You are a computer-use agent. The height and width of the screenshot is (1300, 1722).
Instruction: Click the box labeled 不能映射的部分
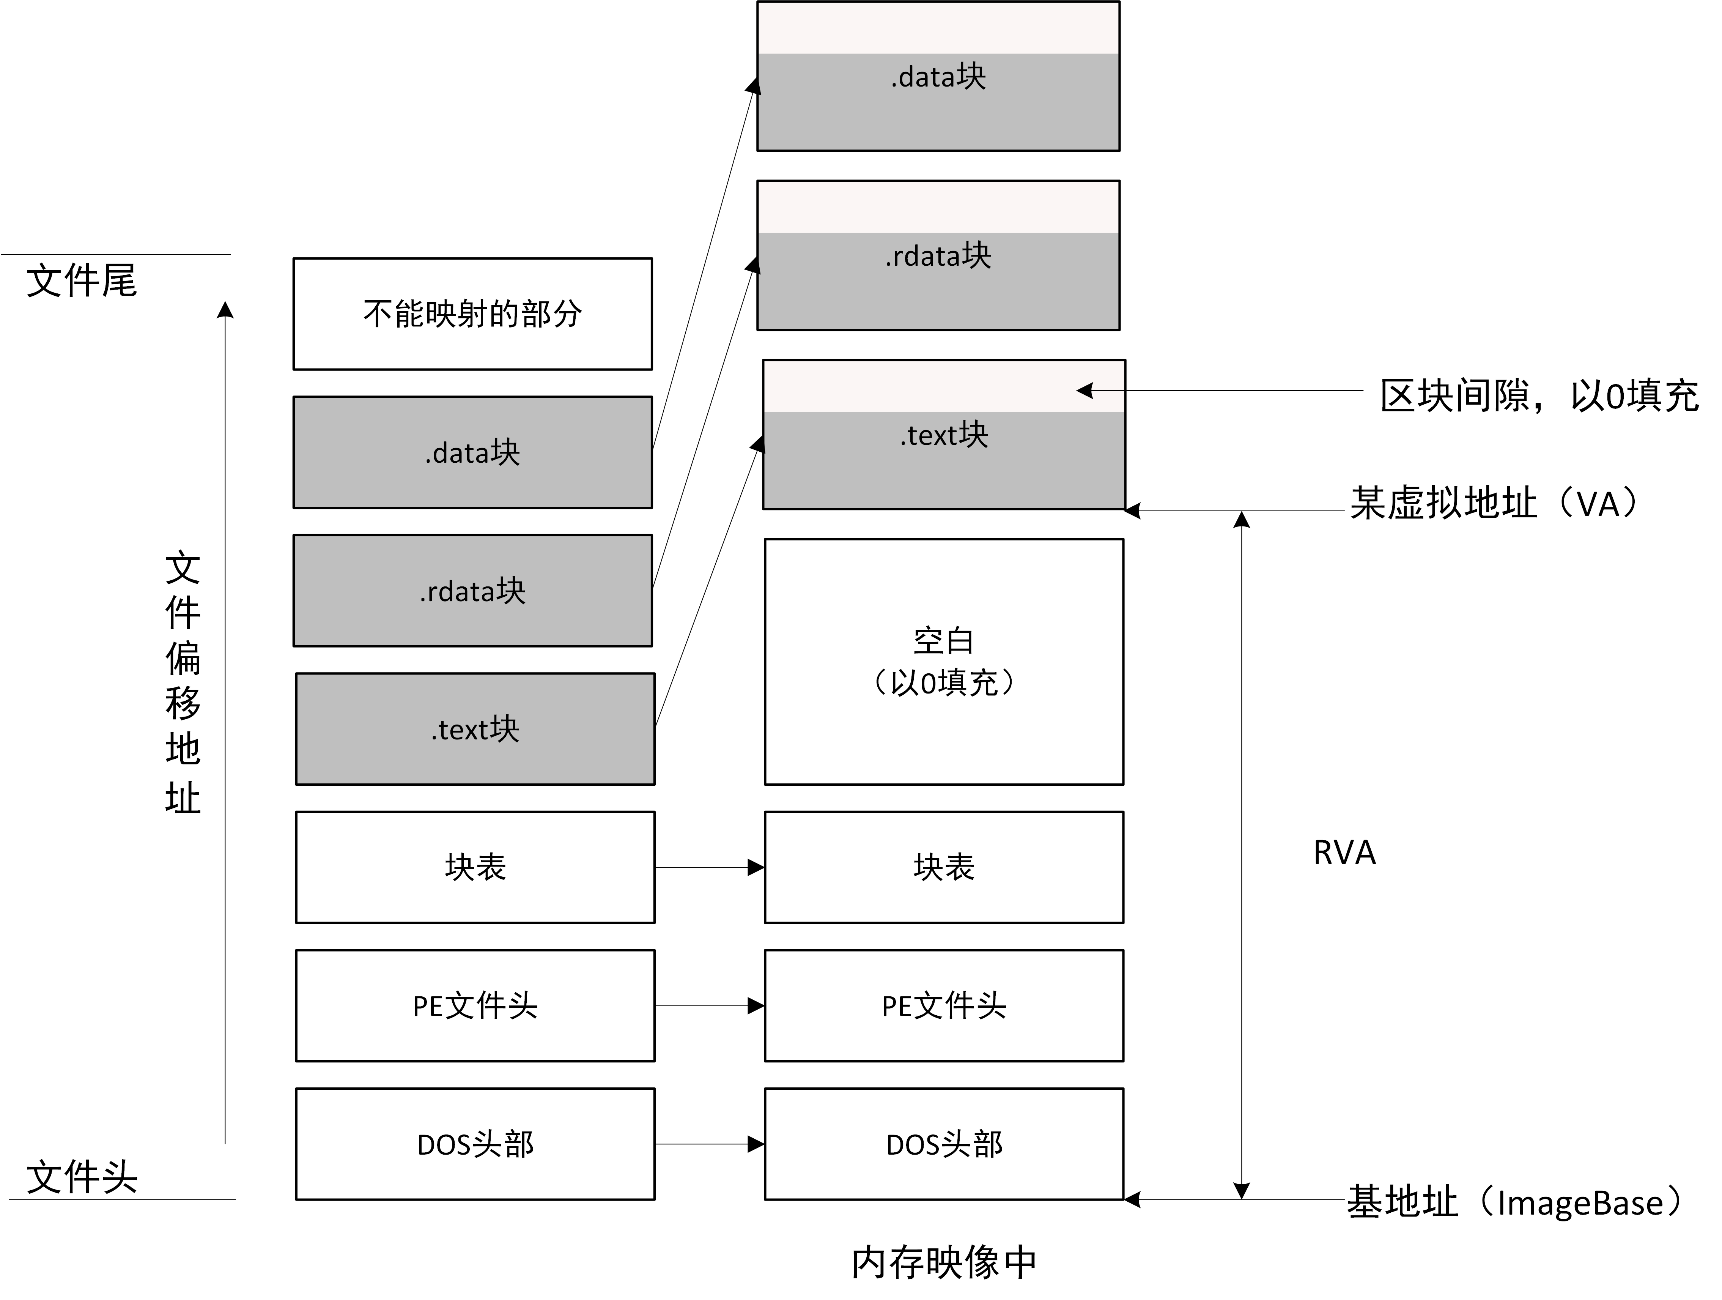pos(472,314)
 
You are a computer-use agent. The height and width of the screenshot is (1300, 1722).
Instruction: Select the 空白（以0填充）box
pos(943,661)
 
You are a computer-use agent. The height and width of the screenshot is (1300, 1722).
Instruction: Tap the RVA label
pos(1344,853)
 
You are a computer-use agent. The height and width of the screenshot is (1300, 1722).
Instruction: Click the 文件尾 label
pos(82,280)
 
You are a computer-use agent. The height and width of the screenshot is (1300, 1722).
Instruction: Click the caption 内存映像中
pos(943,1262)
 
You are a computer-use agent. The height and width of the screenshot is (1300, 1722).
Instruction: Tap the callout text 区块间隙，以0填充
pos(1539,396)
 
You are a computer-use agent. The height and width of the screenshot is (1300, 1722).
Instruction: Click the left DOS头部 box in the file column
pos(475,1144)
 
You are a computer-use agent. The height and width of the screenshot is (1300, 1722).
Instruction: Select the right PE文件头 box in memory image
pos(943,1005)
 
